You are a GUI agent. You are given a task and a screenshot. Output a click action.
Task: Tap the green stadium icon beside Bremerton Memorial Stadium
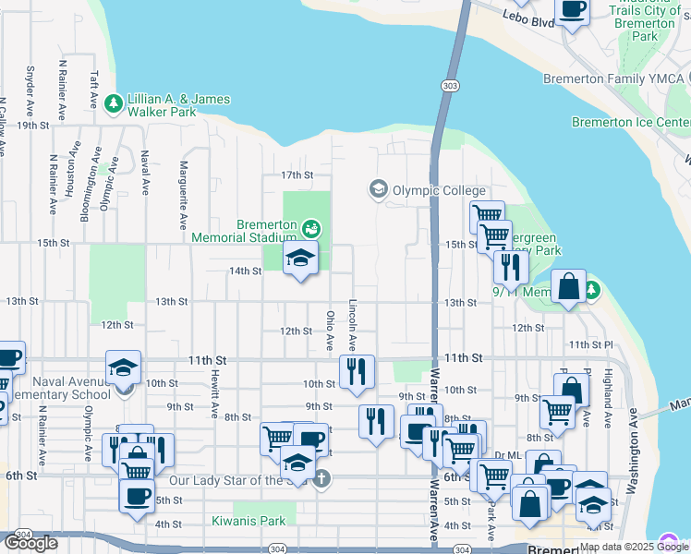tap(312, 225)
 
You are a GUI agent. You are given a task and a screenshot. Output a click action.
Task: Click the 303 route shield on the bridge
tap(449, 86)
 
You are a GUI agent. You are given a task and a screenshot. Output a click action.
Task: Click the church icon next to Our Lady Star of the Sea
tap(321, 478)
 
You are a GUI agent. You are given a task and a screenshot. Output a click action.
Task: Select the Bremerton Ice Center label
tap(630, 122)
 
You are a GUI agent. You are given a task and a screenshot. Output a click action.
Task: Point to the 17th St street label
tap(298, 175)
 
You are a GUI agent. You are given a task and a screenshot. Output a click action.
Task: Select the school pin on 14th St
tap(300, 259)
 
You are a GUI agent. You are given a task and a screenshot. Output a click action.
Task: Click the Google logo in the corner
tap(30, 543)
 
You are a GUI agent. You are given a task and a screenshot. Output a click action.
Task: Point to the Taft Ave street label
tap(93, 69)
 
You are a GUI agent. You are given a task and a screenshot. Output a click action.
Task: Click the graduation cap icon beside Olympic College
tap(378, 189)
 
